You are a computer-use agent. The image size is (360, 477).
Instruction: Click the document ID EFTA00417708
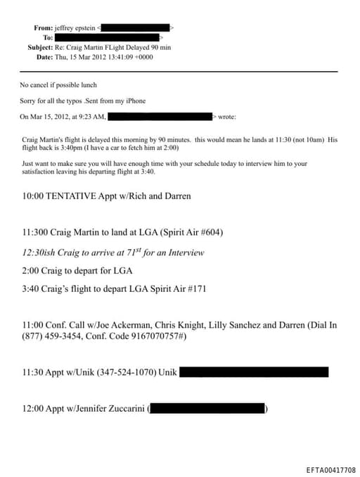tap(330, 470)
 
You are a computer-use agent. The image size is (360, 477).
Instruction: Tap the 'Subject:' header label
tap(39, 46)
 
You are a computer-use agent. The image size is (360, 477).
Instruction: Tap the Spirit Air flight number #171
tap(195, 288)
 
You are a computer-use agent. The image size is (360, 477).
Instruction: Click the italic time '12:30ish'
tap(41, 252)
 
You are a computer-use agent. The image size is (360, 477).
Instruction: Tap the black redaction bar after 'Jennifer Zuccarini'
tap(207, 408)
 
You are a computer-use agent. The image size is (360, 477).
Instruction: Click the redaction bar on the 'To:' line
tap(107, 37)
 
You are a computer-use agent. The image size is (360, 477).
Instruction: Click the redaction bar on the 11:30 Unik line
tap(254, 372)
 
